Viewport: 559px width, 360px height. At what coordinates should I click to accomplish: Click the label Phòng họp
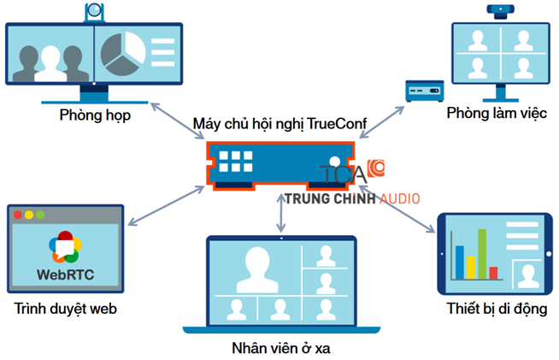click(95, 115)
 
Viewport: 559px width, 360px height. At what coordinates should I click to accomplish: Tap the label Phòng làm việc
click(496, 114)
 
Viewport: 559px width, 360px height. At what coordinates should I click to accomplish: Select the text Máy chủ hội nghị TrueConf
click(279, 125)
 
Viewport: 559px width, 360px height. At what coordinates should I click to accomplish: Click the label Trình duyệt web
click(66, 309)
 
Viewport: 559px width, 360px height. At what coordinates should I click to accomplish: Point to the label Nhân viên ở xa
click(280, 348)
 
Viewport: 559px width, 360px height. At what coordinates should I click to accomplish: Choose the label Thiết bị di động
click(497, 308)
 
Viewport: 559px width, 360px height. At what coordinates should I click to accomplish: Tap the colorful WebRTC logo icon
click(66, 246)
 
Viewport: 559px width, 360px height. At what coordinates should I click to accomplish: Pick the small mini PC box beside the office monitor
click(422, 90)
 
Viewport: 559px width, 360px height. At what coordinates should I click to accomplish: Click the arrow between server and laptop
click(280, 214)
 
